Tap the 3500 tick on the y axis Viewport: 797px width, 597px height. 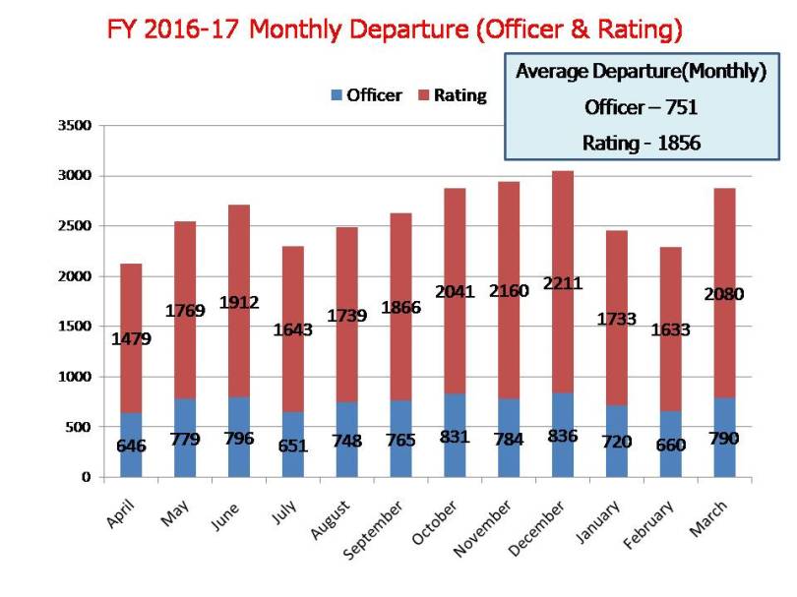(x=73, y=126)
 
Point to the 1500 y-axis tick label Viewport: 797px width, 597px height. (x=73, y=327)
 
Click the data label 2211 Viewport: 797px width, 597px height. (x=563, y=283)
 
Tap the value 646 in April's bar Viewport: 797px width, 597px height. (x=131, y=447)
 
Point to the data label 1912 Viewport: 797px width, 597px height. (x=238, y=303)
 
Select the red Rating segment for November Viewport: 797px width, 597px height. (x=509, y=226)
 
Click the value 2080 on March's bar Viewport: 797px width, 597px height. (x=724, y=293)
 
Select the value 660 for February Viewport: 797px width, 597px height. (x=671, y=444)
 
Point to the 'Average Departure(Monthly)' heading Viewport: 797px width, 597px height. (x=641, y=72)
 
